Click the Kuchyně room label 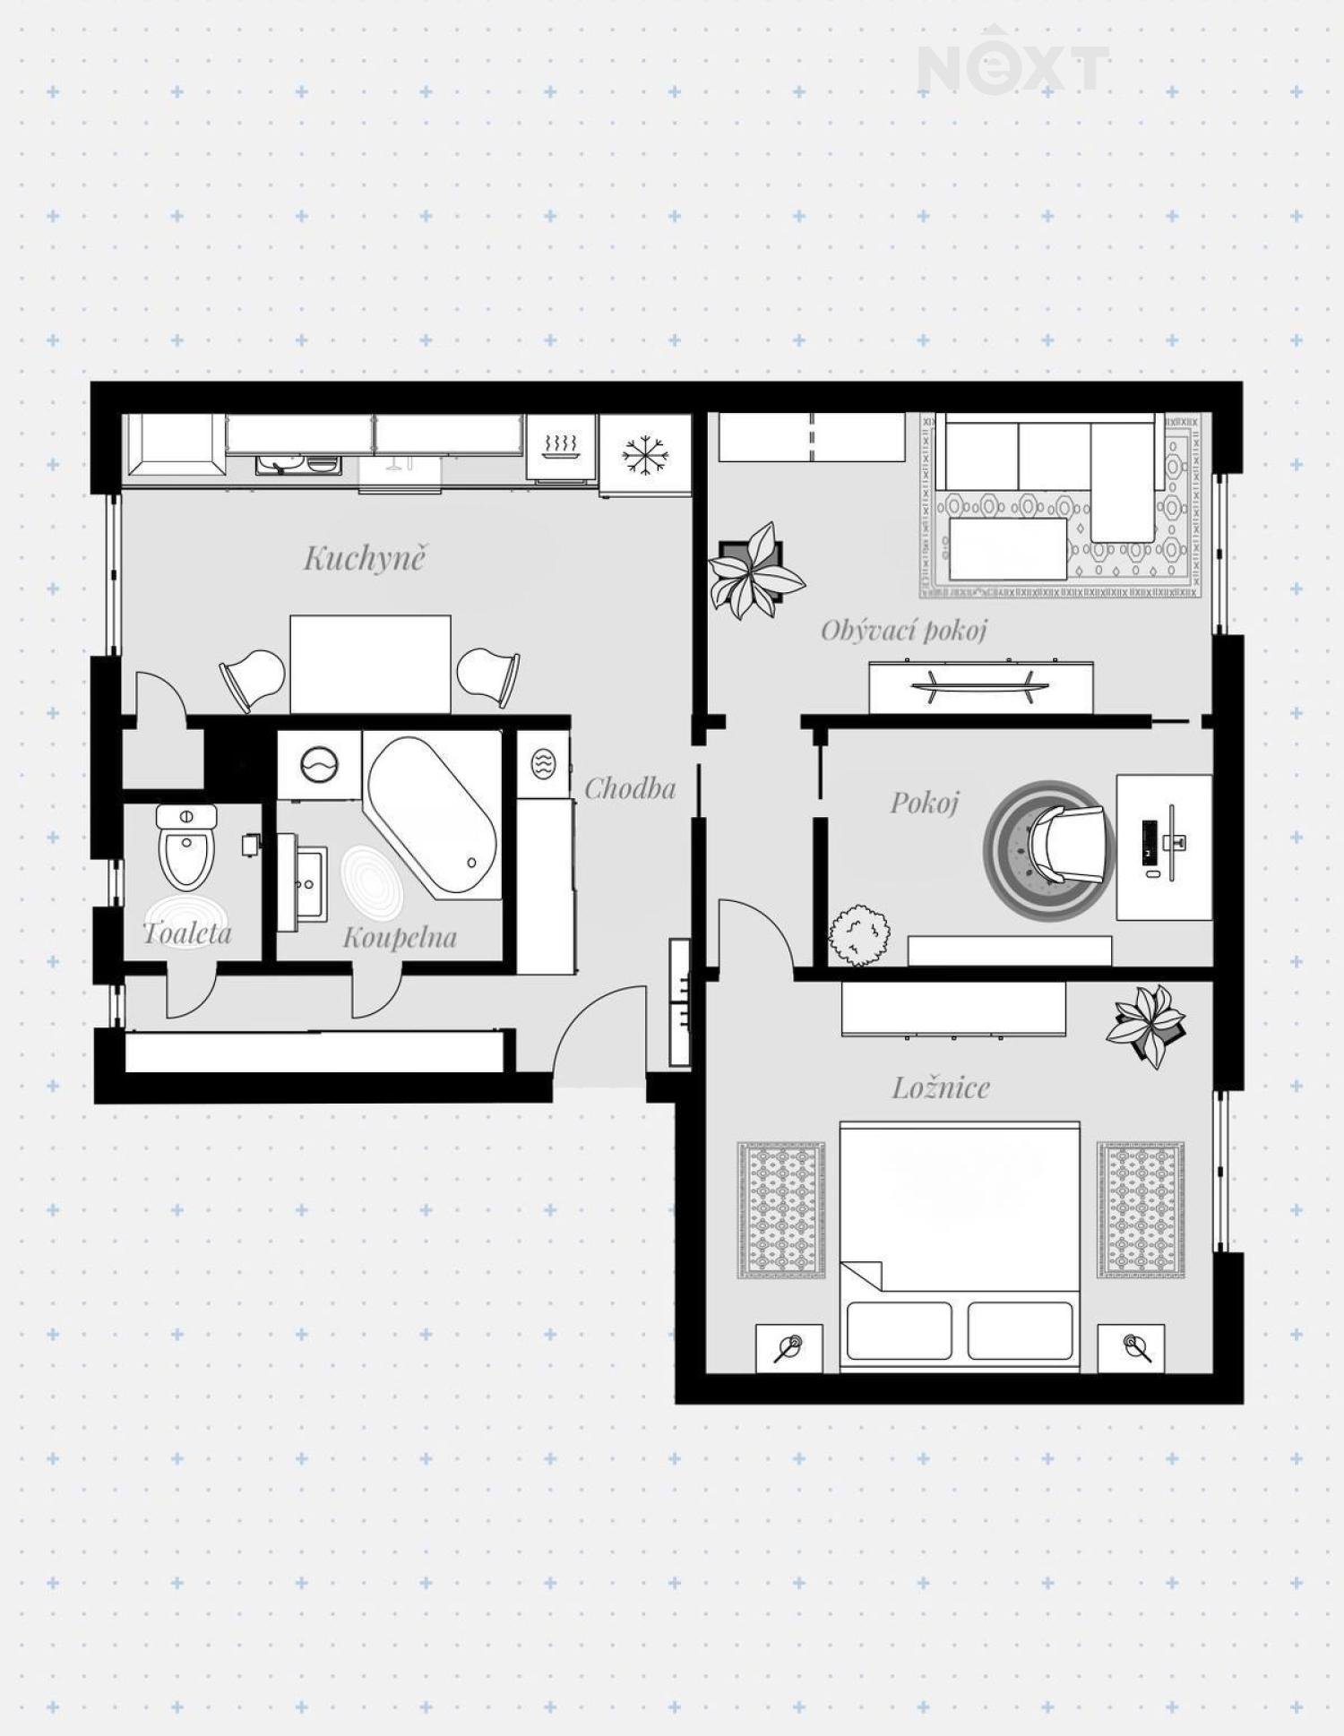coord(364,558)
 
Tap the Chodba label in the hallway coord(630,788)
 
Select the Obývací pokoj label coord(903,631)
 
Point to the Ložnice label coord(941,1087)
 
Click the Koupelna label coord(400,938)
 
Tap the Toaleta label coord(187,933)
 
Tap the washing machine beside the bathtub coord(319,766)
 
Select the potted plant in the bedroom coord(1147,1026)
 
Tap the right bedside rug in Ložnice coord(1141,1210)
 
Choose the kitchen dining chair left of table coord(252,678)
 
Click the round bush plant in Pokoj coord(859,935)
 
